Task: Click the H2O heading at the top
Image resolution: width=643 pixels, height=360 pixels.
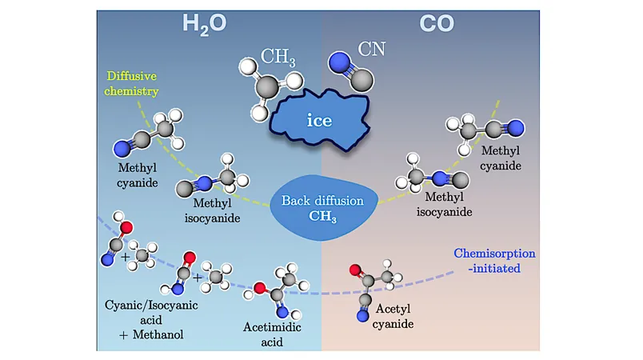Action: (204, 24)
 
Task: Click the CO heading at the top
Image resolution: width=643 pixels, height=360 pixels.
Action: (437, 23)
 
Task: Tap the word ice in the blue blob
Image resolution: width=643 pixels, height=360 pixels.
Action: (319, 120)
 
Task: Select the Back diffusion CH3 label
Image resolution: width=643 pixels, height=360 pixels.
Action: (323, 208)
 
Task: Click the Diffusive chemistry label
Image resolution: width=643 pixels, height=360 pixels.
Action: (131, 83)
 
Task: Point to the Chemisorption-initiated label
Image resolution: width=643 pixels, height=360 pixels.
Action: (494, 261)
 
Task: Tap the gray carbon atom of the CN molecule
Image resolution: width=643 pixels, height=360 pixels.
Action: (362, 80)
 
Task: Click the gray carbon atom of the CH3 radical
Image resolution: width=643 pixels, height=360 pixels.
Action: (267, 87)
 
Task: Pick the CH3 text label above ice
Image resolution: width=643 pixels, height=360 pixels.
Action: (278, 57)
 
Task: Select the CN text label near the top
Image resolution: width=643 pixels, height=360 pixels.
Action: (372, 50)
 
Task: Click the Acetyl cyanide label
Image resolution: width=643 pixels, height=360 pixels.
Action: (393, 316)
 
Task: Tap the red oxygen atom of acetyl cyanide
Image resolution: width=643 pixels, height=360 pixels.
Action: (355, 270)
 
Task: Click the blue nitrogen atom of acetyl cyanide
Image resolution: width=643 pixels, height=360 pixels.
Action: (362, 316)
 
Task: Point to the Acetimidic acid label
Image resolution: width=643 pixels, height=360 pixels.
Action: (272, 334)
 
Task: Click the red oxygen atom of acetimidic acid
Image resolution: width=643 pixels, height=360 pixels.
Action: (260, 288)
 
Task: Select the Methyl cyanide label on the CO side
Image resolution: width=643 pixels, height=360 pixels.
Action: (501, 158)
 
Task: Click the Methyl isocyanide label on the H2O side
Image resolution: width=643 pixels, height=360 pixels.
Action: (213, 210)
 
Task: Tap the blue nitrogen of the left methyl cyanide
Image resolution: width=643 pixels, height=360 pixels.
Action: (122, 149)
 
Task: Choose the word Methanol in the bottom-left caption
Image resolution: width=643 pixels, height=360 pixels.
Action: (158, 334)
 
